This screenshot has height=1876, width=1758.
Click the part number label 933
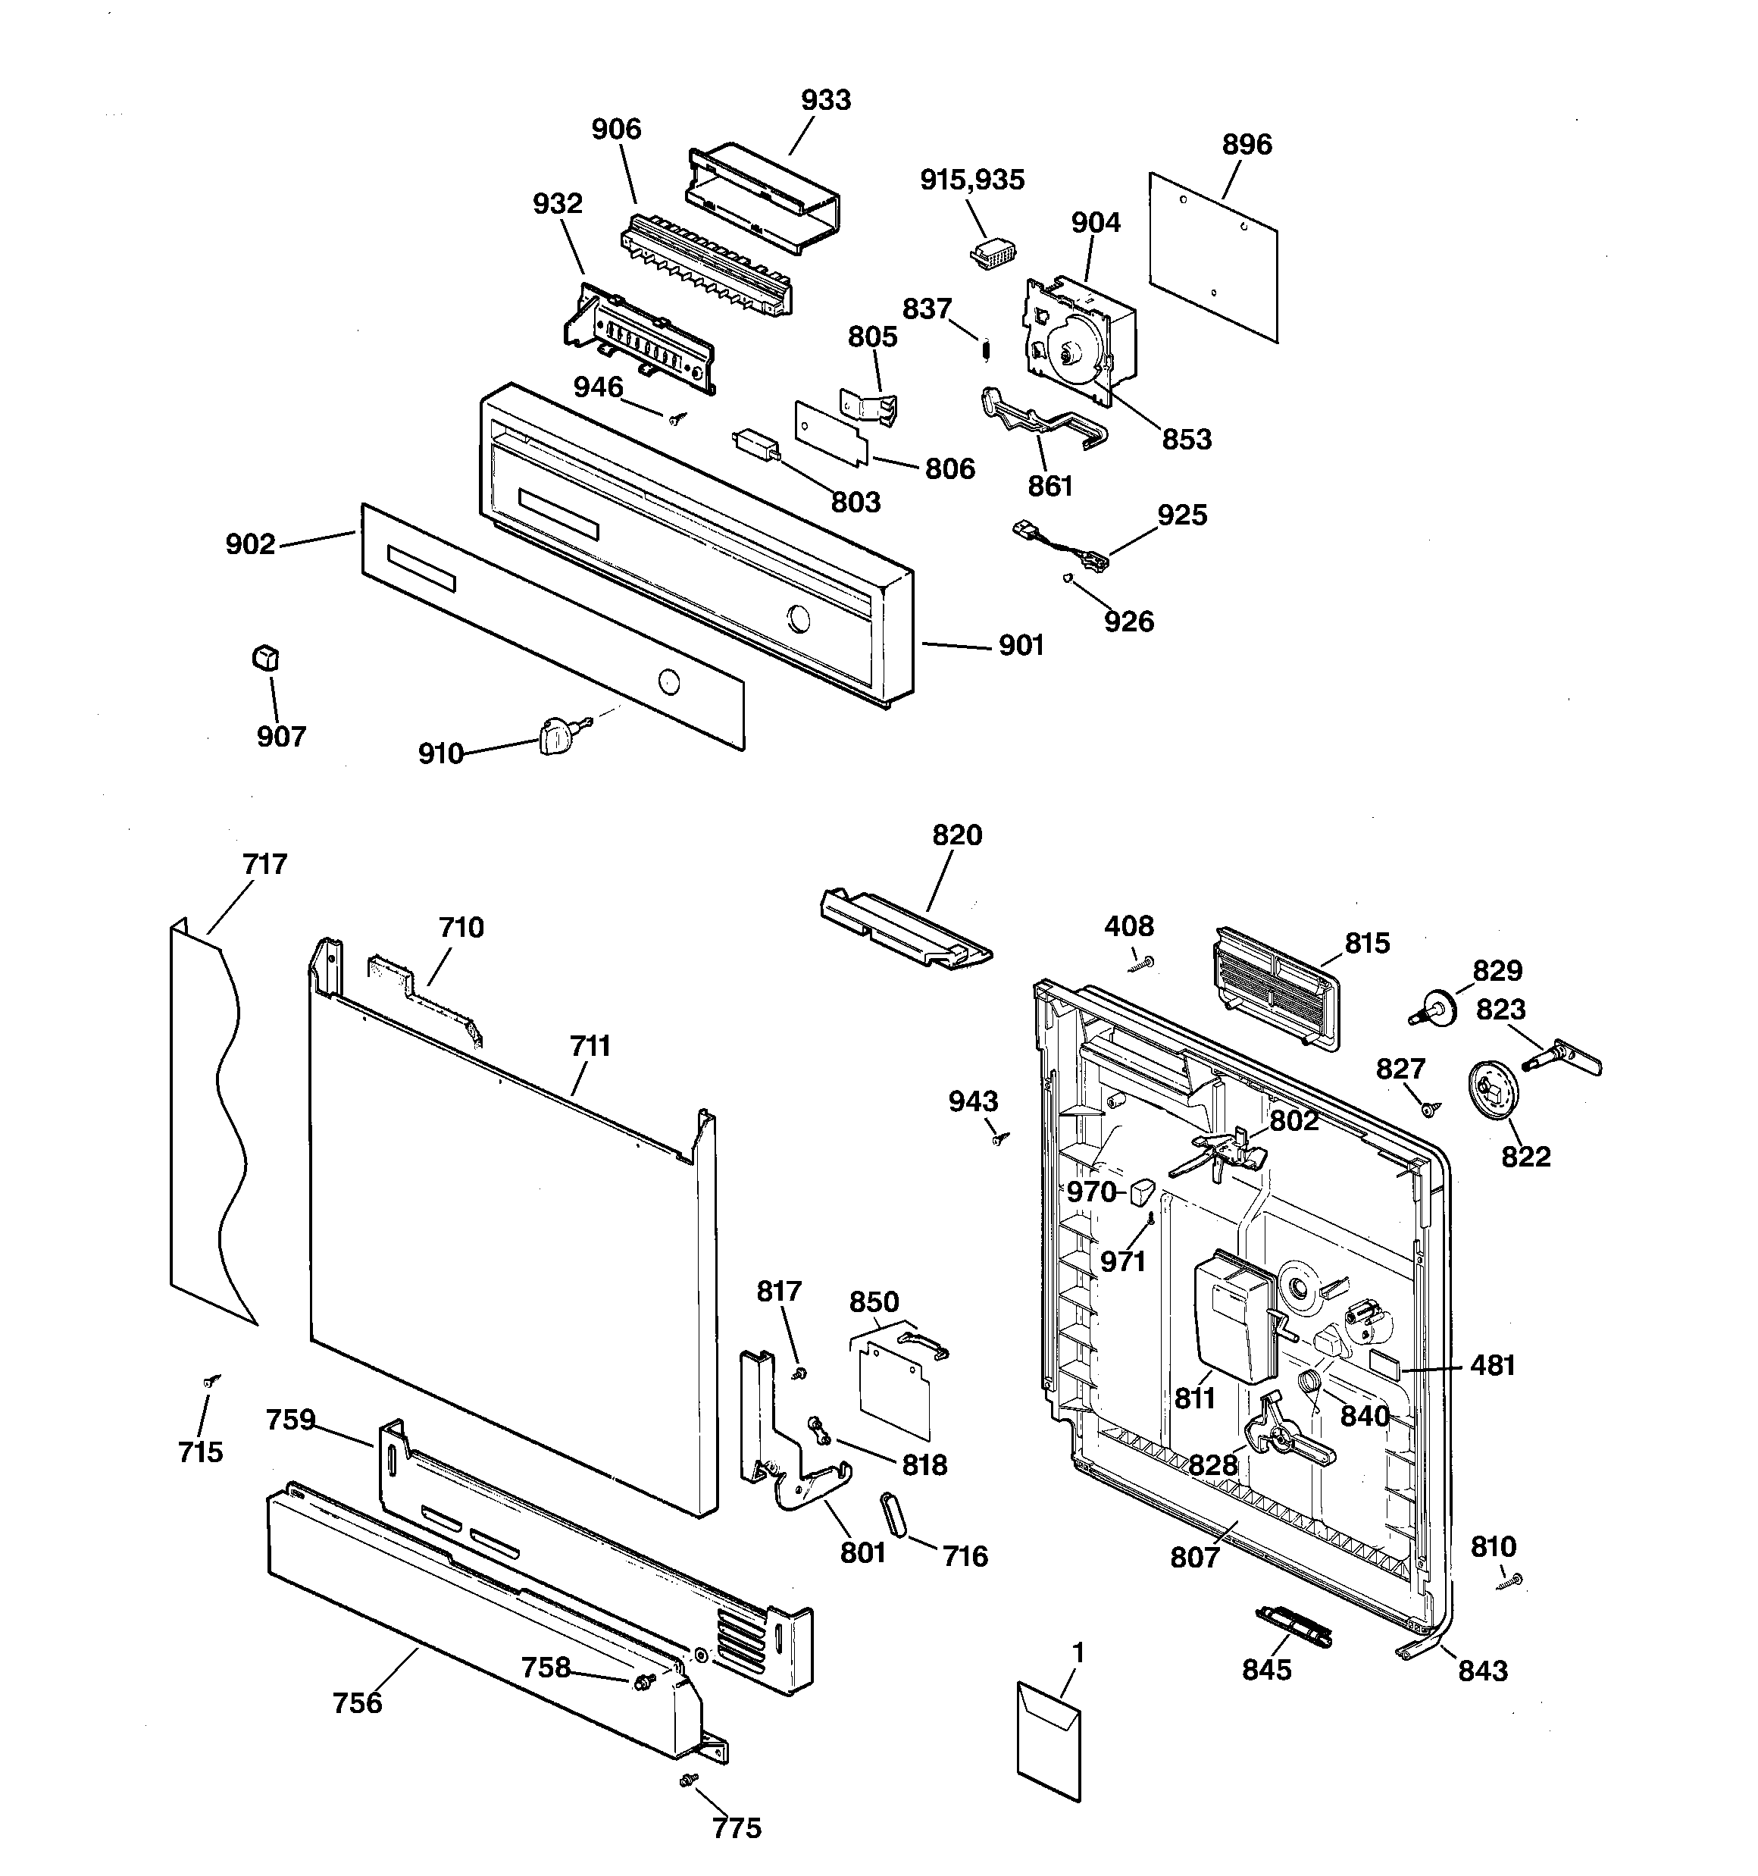pos(826,100)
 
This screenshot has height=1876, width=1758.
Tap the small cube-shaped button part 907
pos(266,658)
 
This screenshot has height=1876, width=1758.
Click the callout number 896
pos(1247,144)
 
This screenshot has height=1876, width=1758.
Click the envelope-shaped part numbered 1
pos(1049,1739)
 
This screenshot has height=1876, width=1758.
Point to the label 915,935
pos(972,180)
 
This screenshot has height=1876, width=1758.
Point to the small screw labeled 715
pos(211,1380)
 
